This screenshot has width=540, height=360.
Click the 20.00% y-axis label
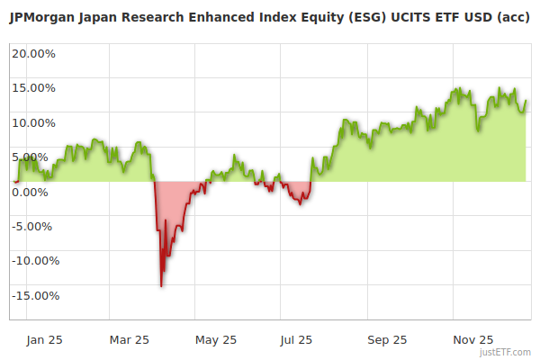click(x=33, y=53)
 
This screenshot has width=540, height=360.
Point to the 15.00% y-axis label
click(x=33, y=88)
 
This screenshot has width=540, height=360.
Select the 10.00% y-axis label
click(x=33, y=122)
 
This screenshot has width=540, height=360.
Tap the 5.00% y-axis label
click(x=30, y=157)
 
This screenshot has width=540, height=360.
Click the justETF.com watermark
click(x=506, y=352)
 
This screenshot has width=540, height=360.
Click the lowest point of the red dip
click(x=161, y=286)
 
